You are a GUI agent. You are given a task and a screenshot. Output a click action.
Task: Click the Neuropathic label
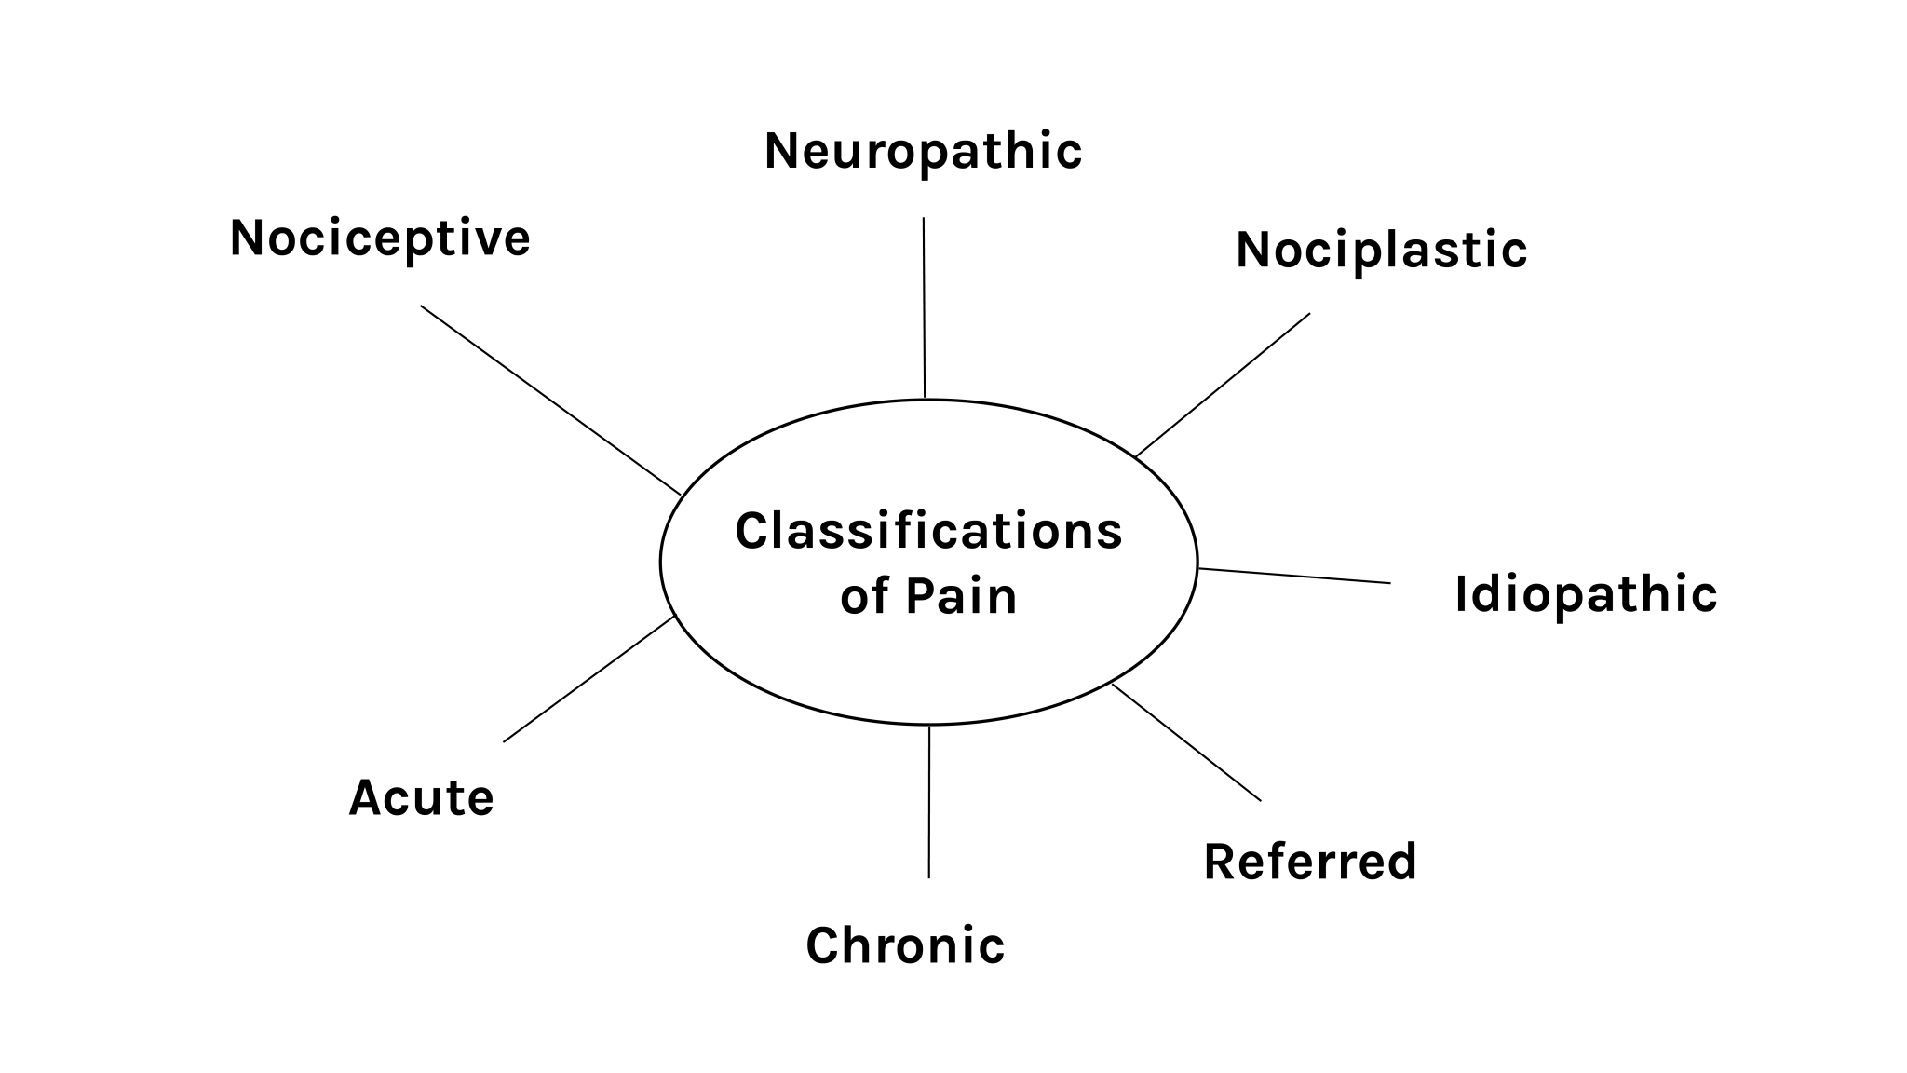click(x=923, y=152)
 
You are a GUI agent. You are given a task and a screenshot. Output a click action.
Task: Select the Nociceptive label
click(x=380, y=238)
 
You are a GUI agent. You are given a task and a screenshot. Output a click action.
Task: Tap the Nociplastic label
click(x=1381, y=251)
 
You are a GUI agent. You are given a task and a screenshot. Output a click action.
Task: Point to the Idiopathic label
click(x=1585, y=594)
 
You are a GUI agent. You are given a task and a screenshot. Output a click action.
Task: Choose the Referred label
click(x=1309, y=862)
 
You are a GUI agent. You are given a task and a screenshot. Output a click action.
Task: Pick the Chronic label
click(x=905, y=946)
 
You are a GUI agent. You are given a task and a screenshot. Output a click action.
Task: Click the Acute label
click(x=421, y=798)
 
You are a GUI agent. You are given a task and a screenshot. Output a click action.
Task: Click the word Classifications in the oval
click(x=928, y=532)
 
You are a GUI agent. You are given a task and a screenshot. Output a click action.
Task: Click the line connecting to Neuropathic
click(x=924, y=307)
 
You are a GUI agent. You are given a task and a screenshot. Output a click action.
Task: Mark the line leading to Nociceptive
click(x=550, y=400)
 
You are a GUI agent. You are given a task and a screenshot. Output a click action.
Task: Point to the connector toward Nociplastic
click(x=1223, y=385)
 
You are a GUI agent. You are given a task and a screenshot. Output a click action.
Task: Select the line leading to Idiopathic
click(x=1294, y=576)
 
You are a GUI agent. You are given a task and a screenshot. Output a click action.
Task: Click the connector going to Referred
click(x=1185, y=741)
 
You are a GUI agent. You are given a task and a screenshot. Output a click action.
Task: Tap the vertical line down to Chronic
click(x=928, y=801)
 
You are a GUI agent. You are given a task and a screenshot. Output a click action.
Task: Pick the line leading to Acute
click(x=588, y=679)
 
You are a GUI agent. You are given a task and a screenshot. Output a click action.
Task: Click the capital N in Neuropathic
click(x=783, y=151)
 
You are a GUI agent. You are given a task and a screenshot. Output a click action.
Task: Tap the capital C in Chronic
click(x=822, y=946)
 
